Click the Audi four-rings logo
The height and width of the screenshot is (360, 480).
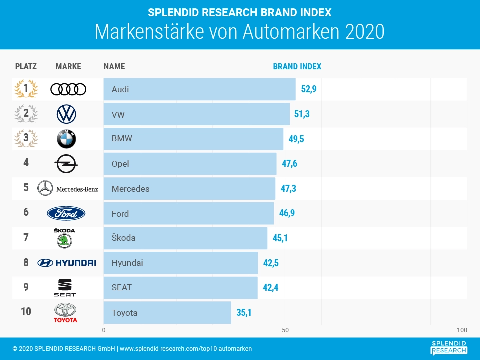(68, 89)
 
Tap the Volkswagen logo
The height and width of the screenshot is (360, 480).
(66, 114)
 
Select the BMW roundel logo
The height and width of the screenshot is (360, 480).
(66, 139)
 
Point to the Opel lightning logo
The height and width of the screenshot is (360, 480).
(66, 163)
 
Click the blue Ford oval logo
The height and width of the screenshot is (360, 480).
(66, 213)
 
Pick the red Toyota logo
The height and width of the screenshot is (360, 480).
(66, 313)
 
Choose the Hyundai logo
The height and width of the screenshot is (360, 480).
(66, 263)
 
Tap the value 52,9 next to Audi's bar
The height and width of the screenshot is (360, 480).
(309, 89)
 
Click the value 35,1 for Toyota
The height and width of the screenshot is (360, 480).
(244, 313)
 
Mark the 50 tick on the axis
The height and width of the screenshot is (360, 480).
(285, 330)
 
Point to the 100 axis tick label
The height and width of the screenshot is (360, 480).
(462, 330)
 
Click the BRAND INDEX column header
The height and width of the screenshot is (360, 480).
(297, 66)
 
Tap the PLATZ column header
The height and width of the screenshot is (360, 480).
(26, 66)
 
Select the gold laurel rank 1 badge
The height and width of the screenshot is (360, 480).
(26, 89)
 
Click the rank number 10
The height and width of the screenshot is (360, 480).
(26, 312)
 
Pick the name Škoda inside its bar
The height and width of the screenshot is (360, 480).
(124, 238)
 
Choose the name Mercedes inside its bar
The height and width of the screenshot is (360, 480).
(131, 189)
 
